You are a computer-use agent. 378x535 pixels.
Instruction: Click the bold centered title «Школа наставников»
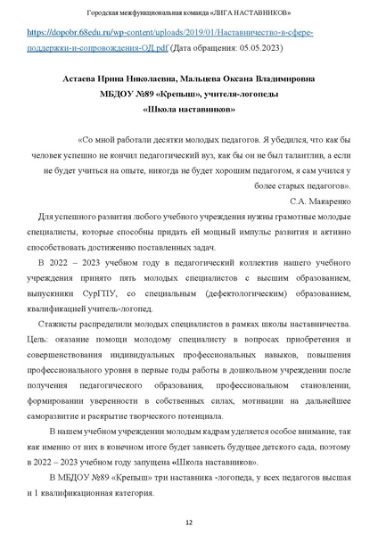(x=189, y=111)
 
